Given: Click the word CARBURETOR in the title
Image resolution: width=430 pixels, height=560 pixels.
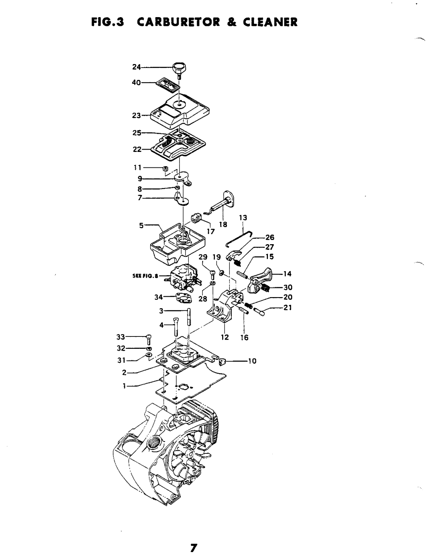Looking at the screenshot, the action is click(x=178, y=22).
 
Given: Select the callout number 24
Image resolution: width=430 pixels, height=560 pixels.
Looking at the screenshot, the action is click(x=137, y=67).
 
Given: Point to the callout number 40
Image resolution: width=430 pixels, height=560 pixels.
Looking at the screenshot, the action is click(x=137, y=83).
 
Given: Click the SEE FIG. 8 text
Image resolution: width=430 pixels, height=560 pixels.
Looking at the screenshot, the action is click(x=145, y=276).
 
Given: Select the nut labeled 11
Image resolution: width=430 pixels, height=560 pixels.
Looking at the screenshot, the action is click(x=164, y=169).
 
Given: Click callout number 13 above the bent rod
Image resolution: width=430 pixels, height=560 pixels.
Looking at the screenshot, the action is click(x=243, y=218).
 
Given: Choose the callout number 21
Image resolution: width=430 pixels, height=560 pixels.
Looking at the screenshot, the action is click(x=287, y=307).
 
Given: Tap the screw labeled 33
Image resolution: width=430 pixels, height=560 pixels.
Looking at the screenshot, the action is click(x=149, y=340).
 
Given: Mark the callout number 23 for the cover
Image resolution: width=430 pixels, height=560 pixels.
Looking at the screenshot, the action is click(x=137, y=115).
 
